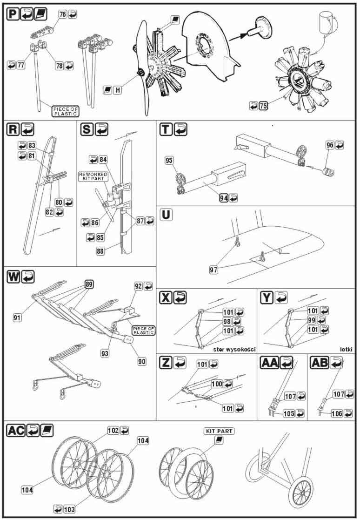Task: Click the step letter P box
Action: (13, 14)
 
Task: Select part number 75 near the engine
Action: (263, 106)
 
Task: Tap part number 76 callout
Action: (63, 14)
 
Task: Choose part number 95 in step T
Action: (169, 161)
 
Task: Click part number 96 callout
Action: (330, 145)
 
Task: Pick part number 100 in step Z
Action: (217, 384)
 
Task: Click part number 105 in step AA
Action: (289, 413)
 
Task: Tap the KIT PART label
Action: (219, 431)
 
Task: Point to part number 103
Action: (69, 509)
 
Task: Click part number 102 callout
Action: (113, 430)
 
